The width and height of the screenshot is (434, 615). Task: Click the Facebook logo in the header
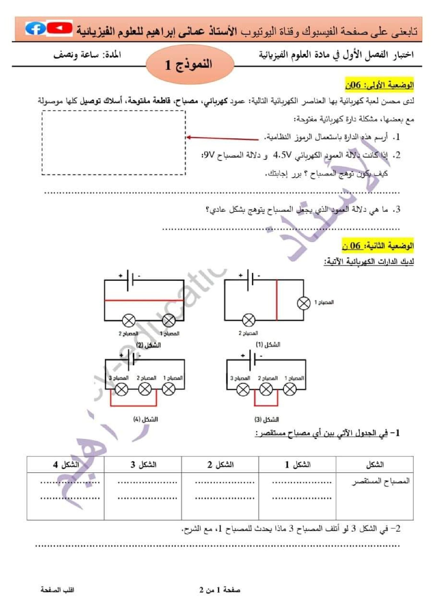[35, 28]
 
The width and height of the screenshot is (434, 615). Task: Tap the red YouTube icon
[59, 28]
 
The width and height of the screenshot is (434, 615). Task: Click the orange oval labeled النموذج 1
[189, 65]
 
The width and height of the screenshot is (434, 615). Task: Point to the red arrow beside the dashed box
[223, 138]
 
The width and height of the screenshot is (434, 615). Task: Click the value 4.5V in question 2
[282, 155]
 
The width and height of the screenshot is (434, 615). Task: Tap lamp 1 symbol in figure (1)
[304, 303]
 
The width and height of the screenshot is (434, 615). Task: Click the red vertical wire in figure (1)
[277, 300]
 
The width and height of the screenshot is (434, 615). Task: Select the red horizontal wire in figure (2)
[144, 300]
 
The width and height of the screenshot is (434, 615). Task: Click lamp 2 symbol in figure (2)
[129, 320]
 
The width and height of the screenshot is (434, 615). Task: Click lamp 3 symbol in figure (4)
[122, 390]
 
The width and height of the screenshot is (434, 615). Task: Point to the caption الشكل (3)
[267, 420]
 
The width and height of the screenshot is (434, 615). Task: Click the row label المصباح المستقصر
[380, 481]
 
